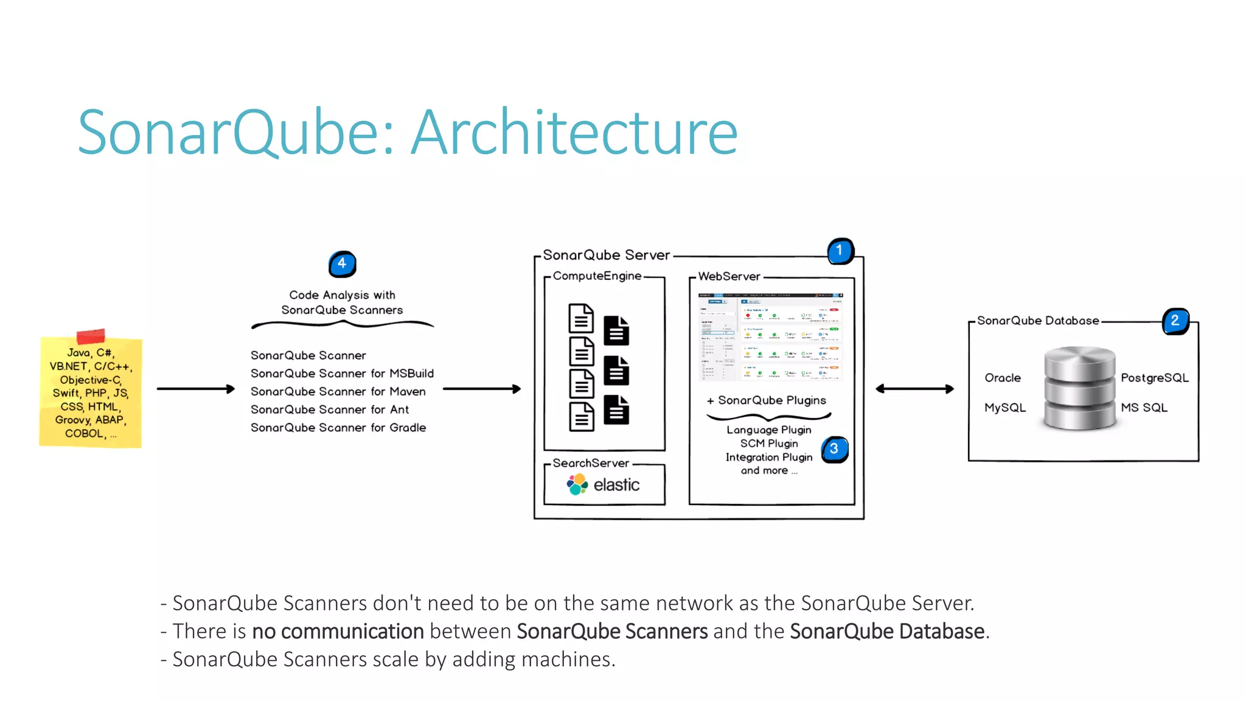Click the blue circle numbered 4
pyautogui.click(x=342, y=263)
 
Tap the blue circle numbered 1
pyautogui.click(x=840, y=251)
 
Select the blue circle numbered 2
pyautogui.click(x=1175, y=321)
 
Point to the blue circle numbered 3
pyautogui.click(x=834, y=449)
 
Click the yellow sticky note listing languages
pyautogui.click(x=91, y=392)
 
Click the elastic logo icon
pyautogui.click(x=577, y=484)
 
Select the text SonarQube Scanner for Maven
pyautogui.click(x=338, y=391)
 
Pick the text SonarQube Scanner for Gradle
pyautogui.click(x=338, y=428)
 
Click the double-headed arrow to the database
pyautogui.click(x=914, y=389)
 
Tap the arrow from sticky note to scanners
pyautogui.click(x=195, y=388)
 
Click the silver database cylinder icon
pyautogui.click(x=1079, y=388)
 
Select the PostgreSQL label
pyautogui.click(x=1154, y=378)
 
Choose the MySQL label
pyautogui.click(x=1004, y=408)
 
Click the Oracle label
pyautogui.click(x=1002, y=378)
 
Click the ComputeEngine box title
pyautogui.click(x=596, y=276)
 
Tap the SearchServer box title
pyautogui.click(x=590, y=463)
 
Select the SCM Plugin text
pyautogui.click(x=768, y=444)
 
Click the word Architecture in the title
pyautogui.click(x=574, y=131)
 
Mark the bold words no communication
pyautogui.click(x=338, y=631)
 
